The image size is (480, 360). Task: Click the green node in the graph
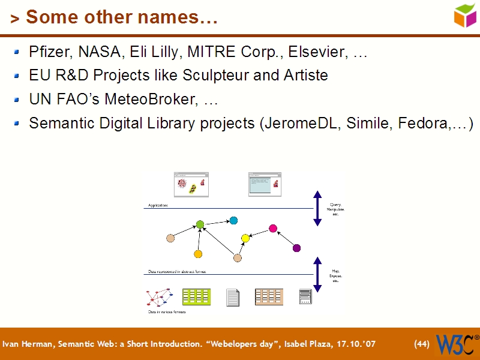coord(200,224)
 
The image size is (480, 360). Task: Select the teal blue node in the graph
coord(233,220)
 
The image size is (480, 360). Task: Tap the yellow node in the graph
coord(245,238)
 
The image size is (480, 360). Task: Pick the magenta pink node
coord(273,228)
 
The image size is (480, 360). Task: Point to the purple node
coord(296,248)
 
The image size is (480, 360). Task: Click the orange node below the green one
coord(198,254)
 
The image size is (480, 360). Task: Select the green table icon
coord(196,296)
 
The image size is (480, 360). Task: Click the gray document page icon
coord(233,297)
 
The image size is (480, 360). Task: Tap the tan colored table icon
coord(269,296)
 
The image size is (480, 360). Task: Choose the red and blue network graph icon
coord(159,297)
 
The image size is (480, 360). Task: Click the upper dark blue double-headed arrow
coord(318,209)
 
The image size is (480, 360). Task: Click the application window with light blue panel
coord(265,185)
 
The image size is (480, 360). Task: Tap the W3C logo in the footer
coord(457,344)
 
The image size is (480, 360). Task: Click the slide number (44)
coord(422,344)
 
